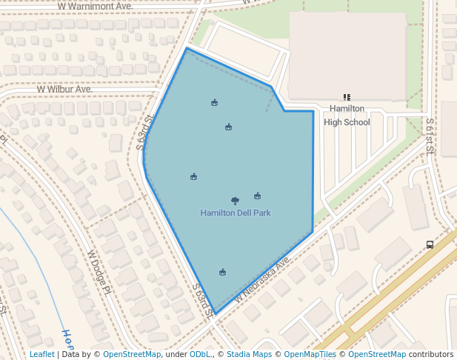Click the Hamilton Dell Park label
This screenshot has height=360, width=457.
[x=236, y=213]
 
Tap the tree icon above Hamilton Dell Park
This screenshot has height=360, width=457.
[x=235, y=201]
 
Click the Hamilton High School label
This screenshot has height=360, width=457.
[x=347, y=116]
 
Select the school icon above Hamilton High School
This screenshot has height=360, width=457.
[x=347, y=97]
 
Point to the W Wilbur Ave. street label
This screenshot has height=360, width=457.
[x=65, y=89]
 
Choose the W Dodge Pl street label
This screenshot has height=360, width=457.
[x=99, y=272]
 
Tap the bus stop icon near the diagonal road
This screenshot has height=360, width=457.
[x=430, y=244]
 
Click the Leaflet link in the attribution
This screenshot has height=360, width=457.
[x=42, y=355]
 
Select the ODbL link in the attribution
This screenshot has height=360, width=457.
[x=200, y=355]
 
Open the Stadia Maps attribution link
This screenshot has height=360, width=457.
[x=249, y=355]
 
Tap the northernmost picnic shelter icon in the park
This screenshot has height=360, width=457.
[x=214, y=102]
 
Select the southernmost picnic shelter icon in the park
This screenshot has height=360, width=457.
[x=222, y=272]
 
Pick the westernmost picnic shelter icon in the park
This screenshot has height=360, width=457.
[x=193, y=176]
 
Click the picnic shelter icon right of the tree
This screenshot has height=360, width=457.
[x=257, y=196]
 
